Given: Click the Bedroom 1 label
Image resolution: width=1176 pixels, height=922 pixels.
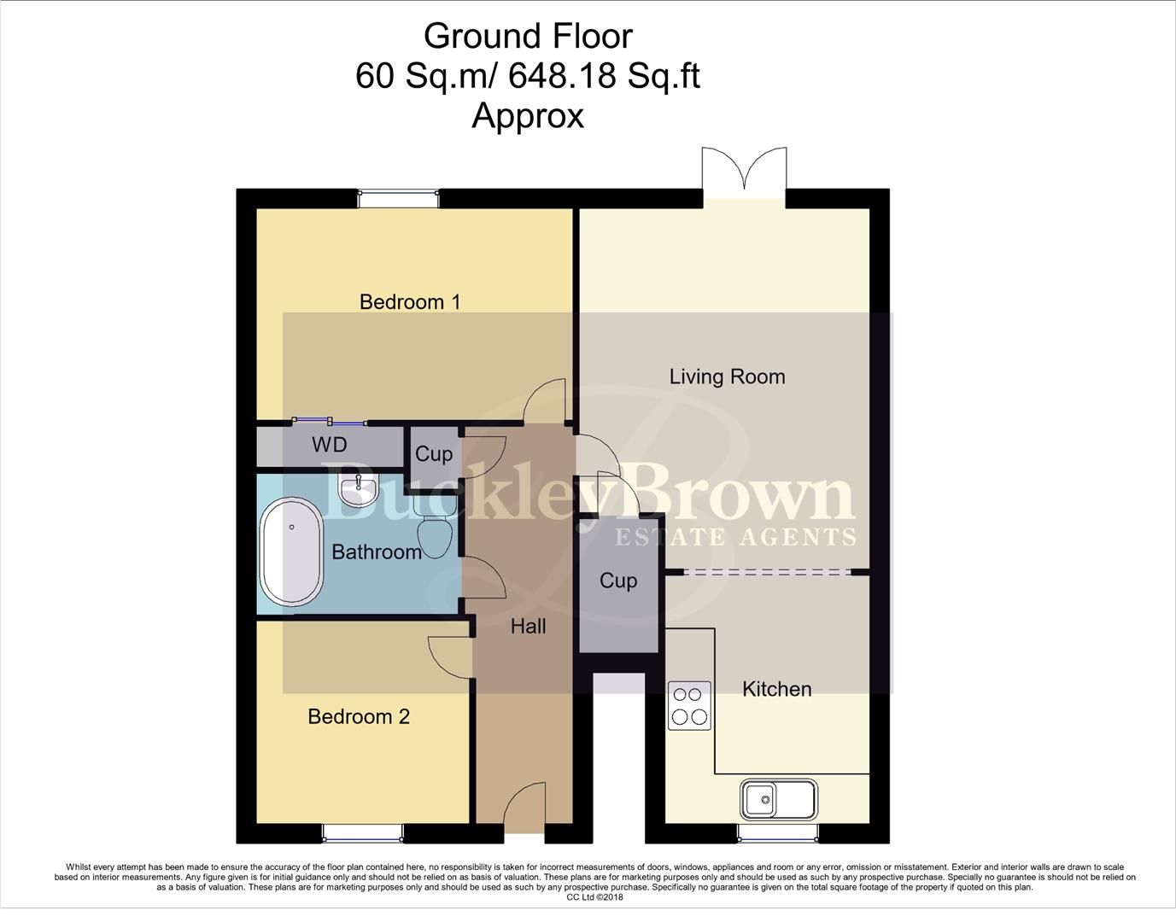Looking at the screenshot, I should pos(409,301).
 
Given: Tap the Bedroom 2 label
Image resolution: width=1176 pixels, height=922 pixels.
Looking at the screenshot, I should pos(359,716).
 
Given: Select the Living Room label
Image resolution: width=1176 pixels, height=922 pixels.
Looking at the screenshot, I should pos(727,376).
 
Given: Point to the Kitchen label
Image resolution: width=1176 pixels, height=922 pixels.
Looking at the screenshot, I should pos(776,689).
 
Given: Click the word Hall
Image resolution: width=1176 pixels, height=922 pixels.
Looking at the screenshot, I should pos(528,627).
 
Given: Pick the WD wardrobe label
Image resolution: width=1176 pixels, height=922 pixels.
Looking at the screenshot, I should pos(329,445).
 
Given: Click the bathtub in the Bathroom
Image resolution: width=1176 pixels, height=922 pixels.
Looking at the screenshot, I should pos(291,552).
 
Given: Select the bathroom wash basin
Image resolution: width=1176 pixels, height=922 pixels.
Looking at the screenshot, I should pos(359,490).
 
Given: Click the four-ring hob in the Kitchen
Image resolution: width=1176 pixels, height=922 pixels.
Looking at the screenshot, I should pos(689,705).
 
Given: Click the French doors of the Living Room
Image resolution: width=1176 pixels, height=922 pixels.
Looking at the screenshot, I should pos(744,175).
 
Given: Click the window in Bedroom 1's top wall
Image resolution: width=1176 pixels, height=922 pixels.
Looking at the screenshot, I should pos(399,198).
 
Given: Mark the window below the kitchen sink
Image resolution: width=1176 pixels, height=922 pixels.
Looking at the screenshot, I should pos(778,832).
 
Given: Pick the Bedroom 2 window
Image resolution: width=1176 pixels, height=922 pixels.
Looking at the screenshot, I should pos(362,832).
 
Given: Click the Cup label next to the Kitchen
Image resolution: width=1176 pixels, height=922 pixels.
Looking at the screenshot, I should pos(618,581).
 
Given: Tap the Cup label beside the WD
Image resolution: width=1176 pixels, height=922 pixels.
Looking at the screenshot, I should pos(433,453).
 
